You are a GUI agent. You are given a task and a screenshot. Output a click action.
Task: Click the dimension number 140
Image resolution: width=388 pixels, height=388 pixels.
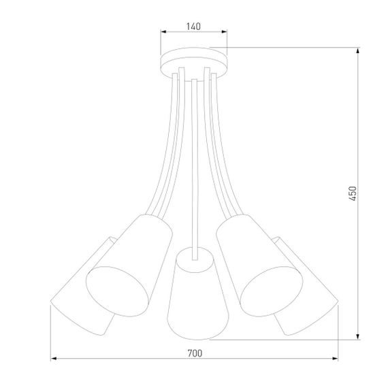tap(193, 27)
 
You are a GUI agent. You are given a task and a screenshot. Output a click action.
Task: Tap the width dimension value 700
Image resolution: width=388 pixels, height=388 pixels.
tap(195, 353)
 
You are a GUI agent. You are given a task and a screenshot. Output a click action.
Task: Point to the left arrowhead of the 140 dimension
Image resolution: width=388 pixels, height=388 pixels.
tap(162, 33)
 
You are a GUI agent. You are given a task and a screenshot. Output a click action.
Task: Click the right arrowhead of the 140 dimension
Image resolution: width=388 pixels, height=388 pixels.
tap(226, 33)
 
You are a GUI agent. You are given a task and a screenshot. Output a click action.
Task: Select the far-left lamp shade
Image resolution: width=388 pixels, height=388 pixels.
tap(78, 300)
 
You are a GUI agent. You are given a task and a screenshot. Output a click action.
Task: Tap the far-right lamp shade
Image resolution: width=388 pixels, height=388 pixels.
tap(310, 300)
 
